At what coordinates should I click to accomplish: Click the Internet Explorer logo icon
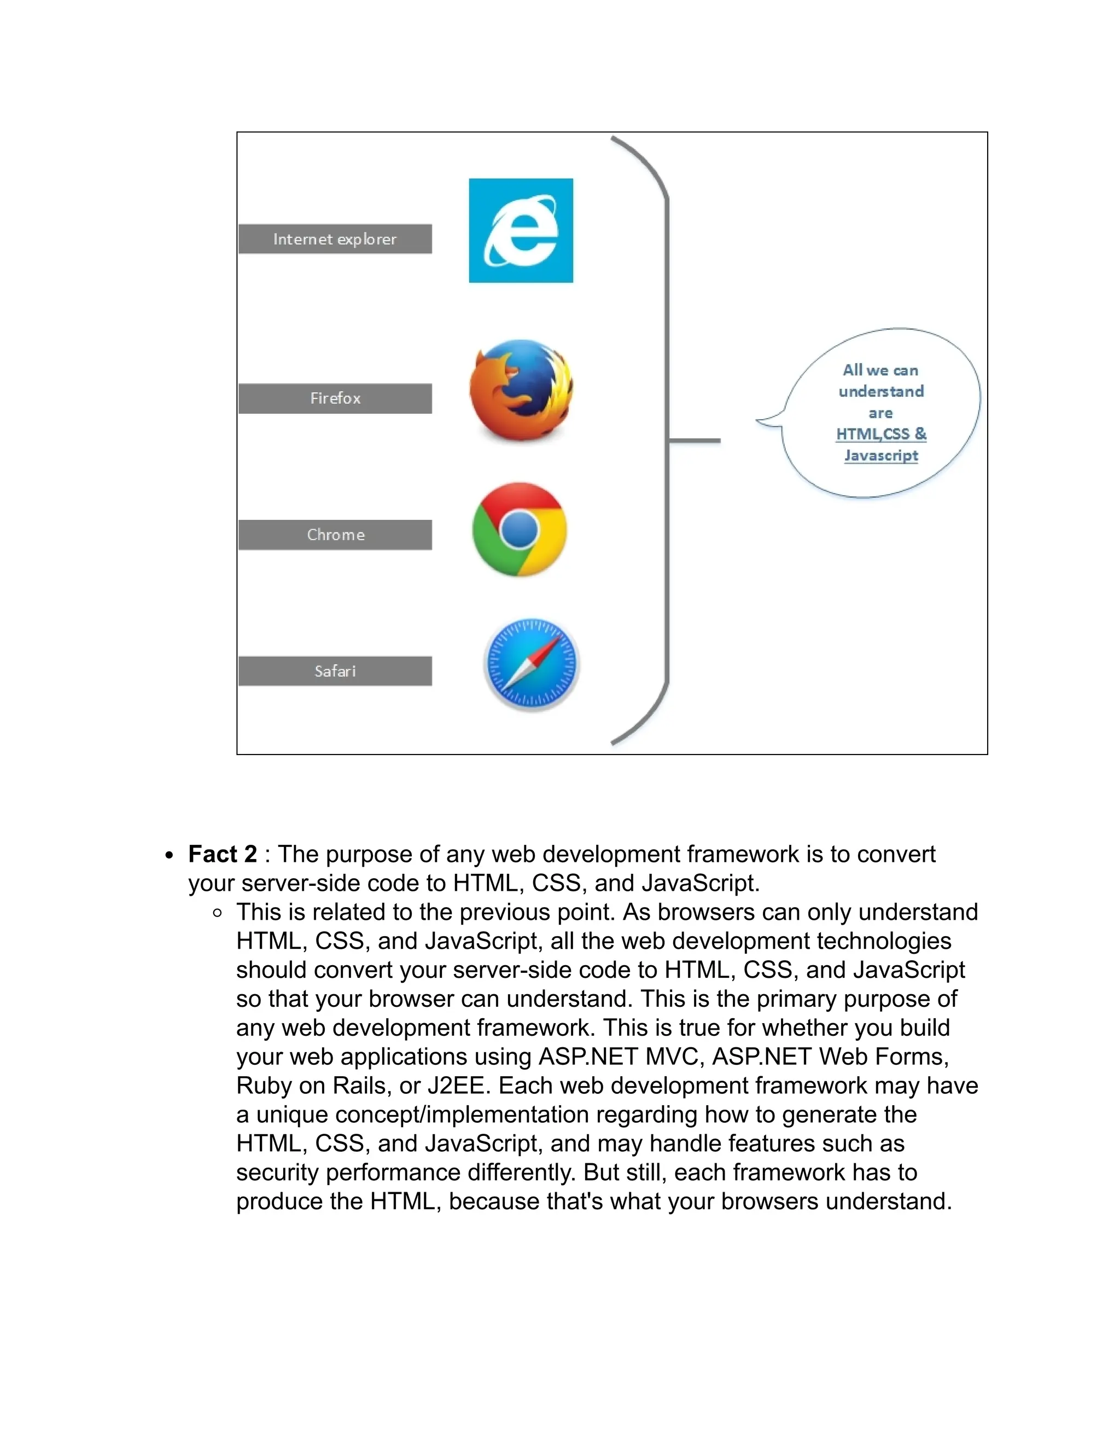(x=521, y=230)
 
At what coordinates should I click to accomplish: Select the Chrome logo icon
(x=520, y=529)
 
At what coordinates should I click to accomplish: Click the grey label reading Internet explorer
(x=335, y=239)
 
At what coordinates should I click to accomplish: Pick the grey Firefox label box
(x=335, y=398)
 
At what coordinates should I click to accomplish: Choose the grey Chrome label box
(x=335, y=535)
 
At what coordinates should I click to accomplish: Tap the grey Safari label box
(x=335, y=671)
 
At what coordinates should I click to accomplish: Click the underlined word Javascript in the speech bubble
(x=880, y=455)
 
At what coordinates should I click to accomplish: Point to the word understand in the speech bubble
(x=880, y=391)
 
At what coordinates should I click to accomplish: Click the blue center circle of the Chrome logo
(x=520, y=529)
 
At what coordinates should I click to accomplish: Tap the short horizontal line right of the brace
(x=695, y=440)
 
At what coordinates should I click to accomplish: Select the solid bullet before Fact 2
(x=170, y=855)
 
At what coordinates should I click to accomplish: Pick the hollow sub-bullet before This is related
(x=218, y=913)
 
